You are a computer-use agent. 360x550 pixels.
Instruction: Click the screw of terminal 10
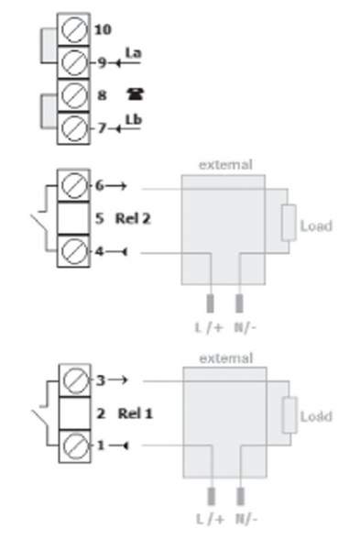[74, 29]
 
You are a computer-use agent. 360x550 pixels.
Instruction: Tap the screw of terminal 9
[74, 62]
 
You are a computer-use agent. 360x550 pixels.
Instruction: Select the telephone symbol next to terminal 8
[136, 94]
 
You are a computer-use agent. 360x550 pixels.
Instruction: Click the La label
[134, 53]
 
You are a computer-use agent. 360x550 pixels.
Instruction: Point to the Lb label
[134, 119]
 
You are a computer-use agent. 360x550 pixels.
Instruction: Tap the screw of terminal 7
[74, 127]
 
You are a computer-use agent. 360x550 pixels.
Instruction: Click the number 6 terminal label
[100, 185]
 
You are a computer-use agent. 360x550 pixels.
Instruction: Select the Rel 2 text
[133, 218]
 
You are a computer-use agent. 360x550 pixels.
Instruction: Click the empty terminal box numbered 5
[73, 218]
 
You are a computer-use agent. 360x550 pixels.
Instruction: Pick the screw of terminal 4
[74, 251]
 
